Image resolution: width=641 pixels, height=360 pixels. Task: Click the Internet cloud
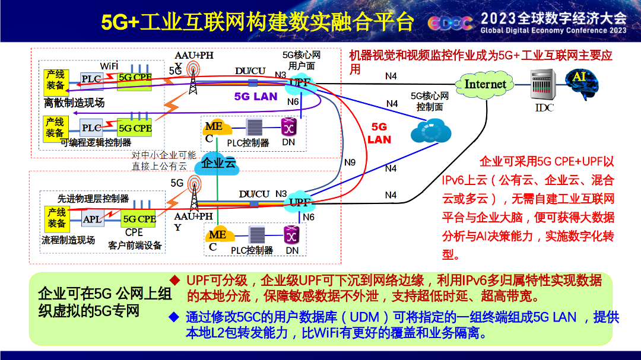tap(485, 85)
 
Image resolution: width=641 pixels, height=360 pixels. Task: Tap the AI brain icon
tap(582, 84)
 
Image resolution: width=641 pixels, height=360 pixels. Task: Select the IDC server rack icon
tap(543, 85)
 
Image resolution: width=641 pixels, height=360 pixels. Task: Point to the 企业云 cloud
tap(217, 164)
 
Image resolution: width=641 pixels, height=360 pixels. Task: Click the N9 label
tap(350, 163)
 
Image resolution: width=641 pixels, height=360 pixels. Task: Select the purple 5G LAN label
tap(255, 97)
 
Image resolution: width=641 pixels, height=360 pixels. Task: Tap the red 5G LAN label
tap(379, 133)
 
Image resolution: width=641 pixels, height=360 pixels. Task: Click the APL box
tap(93, 219)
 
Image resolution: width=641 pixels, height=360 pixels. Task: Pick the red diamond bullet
tap(175, 281)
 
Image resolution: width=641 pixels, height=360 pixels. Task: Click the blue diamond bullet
tap(174, 317)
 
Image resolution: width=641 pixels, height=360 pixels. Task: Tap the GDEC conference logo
tap(450, 23)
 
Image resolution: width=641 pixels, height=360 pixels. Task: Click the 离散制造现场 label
tap(74, 103)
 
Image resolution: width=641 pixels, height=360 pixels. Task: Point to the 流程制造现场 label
tap(68, 240)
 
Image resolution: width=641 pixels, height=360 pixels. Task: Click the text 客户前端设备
tap(135, 245)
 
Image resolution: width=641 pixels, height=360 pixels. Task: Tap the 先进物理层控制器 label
tap(93, 199)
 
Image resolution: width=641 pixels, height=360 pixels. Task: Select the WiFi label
tap(109, 66)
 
